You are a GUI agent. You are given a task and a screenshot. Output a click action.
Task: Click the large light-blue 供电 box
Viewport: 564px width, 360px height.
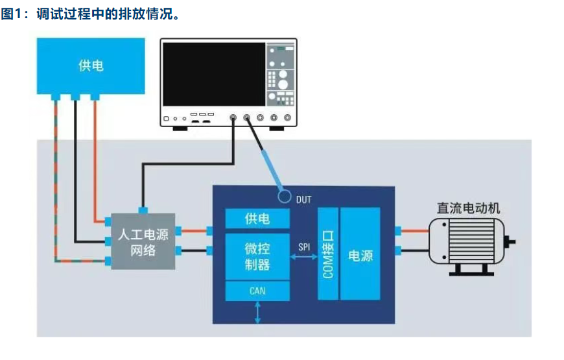coord(91,66)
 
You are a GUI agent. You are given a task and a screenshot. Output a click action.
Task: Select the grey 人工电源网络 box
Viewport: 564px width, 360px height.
coord(143,241)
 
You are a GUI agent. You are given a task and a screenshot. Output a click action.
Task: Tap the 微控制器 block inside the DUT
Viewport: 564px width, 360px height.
coord(257,256)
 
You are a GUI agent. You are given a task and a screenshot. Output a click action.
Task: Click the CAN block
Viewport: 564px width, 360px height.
coord(257,291)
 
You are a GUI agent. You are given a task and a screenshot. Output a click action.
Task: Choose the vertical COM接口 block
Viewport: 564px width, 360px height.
coord(328,254)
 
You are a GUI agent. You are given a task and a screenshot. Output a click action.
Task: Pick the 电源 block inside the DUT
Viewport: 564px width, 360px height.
coord(360,254)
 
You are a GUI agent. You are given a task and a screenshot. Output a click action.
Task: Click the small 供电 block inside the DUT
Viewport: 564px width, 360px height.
coord(257,218)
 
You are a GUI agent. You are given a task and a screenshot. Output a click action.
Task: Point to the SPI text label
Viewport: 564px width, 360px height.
coord(304,247)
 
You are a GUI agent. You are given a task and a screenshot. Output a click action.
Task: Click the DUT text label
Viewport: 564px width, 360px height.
coord(303,199)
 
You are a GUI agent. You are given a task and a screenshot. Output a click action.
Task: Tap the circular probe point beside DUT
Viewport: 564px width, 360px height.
coord(285,196)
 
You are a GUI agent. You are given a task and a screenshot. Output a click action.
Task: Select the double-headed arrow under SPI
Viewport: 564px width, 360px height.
coord(304,257)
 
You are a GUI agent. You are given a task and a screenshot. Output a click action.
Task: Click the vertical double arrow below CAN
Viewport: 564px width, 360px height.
coord(257,313)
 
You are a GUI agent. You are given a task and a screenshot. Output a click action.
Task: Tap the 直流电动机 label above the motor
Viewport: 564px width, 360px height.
coord(468,208)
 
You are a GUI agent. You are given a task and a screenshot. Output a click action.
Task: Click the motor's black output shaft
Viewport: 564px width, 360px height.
coord(510,243)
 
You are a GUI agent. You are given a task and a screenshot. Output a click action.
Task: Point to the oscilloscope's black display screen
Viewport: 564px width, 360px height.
coord(214,74)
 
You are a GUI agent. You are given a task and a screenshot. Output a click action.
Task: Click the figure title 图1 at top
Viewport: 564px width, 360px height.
coord(12,14)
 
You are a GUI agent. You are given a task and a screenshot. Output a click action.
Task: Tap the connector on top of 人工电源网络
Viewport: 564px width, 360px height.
coord(143,210)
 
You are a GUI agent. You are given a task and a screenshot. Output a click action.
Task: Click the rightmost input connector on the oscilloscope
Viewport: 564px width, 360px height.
coord(287,117)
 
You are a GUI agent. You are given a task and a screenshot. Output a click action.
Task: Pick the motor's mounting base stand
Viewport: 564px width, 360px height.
coord(471,269)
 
